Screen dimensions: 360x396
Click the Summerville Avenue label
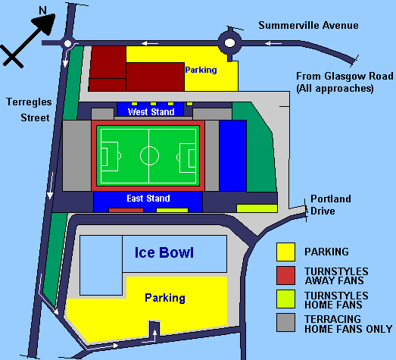coord(307,25)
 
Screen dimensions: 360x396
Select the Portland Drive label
coord(331,205)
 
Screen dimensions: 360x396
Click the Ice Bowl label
coord(164,252)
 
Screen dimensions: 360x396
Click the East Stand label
coord(148,199)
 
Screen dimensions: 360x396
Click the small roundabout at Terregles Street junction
coord(69,43)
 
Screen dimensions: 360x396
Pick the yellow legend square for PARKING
coord(285,252)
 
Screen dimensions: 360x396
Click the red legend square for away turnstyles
coord(285,275)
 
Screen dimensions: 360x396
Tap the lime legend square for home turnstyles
coord(285,299)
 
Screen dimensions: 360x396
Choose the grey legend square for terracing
coord(285,324)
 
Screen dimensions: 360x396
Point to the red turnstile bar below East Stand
coord(126,210)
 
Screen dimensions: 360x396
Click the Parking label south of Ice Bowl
coord(164,298)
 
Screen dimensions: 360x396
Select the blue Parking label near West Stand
coord(201,70)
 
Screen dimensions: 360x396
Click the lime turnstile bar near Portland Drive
coord(257,208)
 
